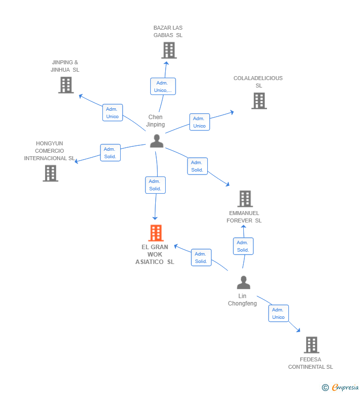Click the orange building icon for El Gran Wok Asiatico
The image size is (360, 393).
coord(156,233)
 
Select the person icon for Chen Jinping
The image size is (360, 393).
coord(157,141)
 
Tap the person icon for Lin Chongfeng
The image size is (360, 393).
coord(243,282)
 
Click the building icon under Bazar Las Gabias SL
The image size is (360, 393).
coord(169,50)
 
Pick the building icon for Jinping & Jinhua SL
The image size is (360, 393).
coord(66,85)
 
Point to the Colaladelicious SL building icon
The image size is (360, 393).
coord(259,101)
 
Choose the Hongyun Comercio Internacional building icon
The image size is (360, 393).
coord(50,173)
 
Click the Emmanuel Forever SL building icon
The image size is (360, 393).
coord(245,199)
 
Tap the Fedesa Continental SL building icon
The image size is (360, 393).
coord(312,345)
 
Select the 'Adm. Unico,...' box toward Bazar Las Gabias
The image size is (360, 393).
coord(163,87)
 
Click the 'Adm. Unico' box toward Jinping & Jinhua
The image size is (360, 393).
coord(113,113)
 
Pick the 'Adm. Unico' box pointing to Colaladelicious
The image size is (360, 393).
coord(200,122)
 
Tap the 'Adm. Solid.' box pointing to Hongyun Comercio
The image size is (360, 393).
coord(110,153)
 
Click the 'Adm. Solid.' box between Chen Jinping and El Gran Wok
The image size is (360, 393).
coord(155,185)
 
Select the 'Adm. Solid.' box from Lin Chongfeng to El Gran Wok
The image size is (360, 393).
coord(201,258)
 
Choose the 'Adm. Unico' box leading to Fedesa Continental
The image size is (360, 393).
coord(278,313)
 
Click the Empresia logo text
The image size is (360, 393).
coord(345,388)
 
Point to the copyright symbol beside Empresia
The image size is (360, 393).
coord(325,388)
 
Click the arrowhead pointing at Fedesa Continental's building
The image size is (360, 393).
coord(298,330)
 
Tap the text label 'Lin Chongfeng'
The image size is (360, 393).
coord(242,300)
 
